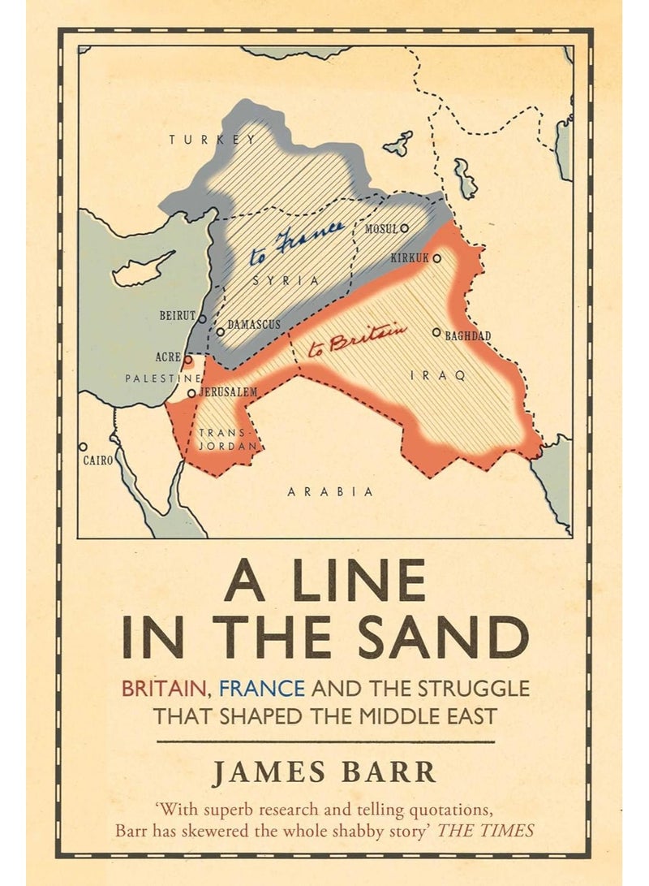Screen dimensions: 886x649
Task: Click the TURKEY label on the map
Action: pos(212,140)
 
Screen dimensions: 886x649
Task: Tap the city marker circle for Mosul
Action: pos(404,229)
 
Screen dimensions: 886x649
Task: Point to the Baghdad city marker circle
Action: pos(436,332)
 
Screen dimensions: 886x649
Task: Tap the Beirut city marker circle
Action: pos(204,318)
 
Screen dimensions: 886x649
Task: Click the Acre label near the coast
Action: pos(168,357)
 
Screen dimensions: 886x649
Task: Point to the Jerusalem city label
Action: pos(228,392)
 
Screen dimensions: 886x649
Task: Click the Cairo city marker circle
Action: pos(83,447)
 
